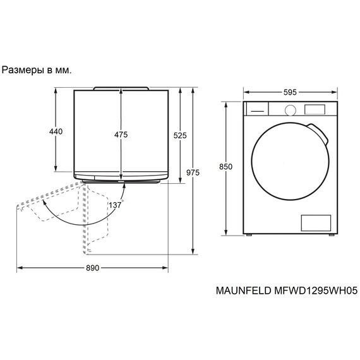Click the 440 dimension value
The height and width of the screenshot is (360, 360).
tap(56, 131)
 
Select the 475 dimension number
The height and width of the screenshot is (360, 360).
tap(121, 135)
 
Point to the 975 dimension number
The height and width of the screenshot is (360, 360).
tap(193, 172)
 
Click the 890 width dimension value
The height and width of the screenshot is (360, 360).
tap(92, 268)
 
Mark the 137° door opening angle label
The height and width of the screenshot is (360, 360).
tap(115, 206)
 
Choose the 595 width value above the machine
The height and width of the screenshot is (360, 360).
tap(290, 92)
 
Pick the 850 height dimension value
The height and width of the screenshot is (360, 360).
tap(225, 167)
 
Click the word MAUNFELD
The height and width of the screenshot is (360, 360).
tap(241, 291)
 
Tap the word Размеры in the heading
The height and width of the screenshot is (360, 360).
tap(23, 70)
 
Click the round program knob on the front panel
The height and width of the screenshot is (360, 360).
tap(290, 109)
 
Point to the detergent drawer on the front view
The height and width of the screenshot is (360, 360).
tap(256, 109)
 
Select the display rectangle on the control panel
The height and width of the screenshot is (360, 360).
tap(315, 109)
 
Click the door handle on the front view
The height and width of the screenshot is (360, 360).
tap(321, 133)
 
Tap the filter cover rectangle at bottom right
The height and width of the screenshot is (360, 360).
tap(315, 222)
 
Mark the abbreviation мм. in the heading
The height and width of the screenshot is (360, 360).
tap(63, 70)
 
